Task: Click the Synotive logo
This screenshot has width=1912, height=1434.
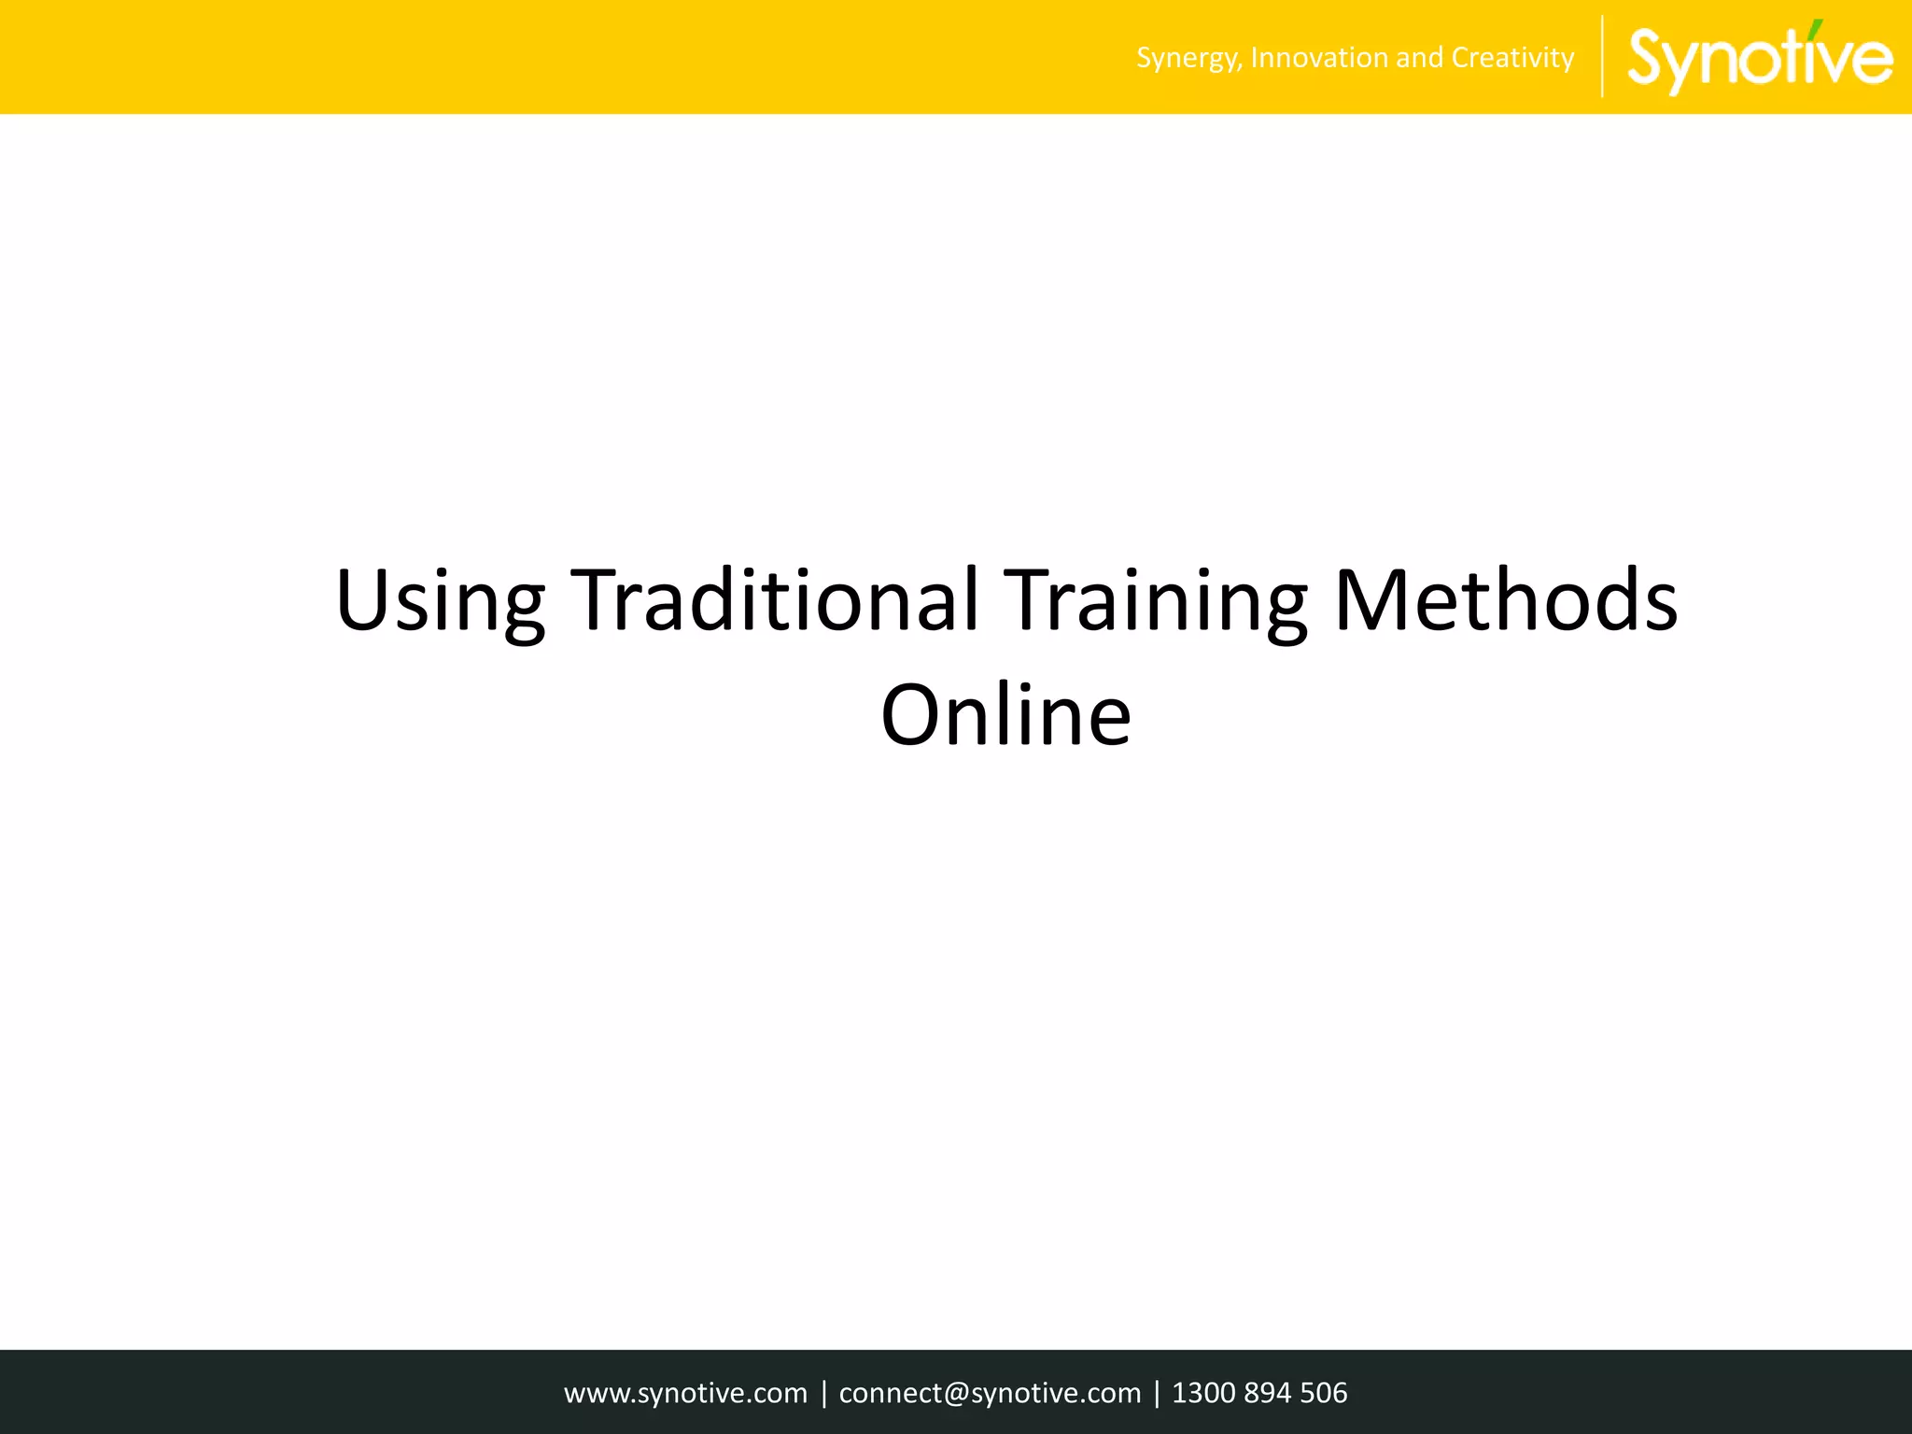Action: (x=1759, y=58)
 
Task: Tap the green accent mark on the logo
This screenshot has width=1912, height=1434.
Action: (x=1816, y=28)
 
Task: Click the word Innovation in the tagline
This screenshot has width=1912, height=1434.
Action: (x=1319, y=58)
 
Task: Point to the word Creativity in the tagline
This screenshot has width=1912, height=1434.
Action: (x=1512, y=58)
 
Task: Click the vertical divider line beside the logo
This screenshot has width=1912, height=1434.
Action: (x=1602, y=57)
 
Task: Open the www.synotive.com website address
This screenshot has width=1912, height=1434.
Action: (x=685, y=1393)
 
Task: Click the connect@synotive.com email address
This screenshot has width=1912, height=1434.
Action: (x=990, y=1393)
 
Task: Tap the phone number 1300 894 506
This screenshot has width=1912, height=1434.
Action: (x=1259, y=1393)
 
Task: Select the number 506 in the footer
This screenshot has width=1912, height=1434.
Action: (x=1323, y=1393)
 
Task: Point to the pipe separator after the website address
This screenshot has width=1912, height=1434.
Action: (x=823, y=1393)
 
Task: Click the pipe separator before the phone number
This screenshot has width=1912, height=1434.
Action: (x=1157, y=1393)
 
